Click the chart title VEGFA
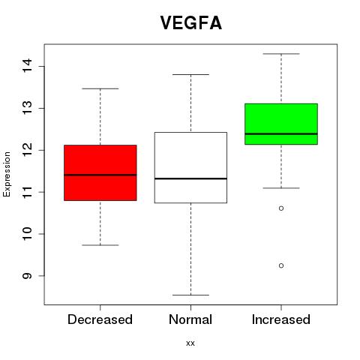tap(191, 23)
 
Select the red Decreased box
tap(100, 172)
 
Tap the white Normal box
tap(190, 167)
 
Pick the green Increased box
tap(281, 124)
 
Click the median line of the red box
tap(100, 175)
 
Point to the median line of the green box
tap(281, 133)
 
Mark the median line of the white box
tap(190, 178)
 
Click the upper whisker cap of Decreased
tap(100, 88)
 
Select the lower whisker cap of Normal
tap(190, 295)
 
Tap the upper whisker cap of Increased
tap(281, 54)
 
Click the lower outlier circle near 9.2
tap(281, 265)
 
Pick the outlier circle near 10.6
tap(281, 208)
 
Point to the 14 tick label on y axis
tap(28, 66)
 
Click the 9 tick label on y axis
tap(28, 276)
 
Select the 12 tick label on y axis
tap(28, 150)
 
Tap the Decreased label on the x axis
tap(100, 319)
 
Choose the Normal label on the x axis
tap(190, 319)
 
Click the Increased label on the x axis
tap(281, 319)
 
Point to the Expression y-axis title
tap(7, 174)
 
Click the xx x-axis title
tap(190, 343)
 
